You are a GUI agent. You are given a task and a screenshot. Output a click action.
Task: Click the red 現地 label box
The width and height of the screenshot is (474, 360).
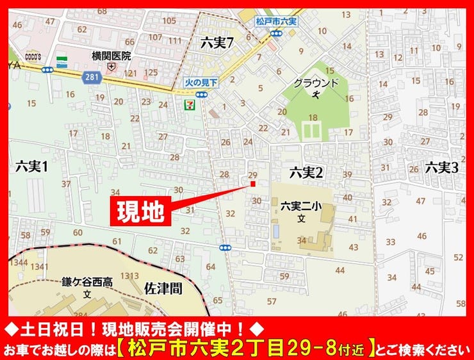click(x=142, y=209)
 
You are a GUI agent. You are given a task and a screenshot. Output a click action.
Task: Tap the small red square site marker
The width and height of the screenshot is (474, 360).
click(x=253, y=184)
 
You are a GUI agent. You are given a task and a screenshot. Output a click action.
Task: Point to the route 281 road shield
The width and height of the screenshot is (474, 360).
click(x=90, y=76)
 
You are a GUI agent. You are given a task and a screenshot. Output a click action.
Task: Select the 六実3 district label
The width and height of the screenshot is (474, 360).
click(x=441, y=168)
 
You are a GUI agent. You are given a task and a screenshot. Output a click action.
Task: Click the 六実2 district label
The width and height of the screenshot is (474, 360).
click(x=306, y=171)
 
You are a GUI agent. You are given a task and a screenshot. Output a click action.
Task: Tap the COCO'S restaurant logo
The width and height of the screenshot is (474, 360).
click(x=33, y=56)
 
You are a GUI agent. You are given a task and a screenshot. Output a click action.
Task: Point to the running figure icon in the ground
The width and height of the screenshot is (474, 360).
click(x=315, y=94)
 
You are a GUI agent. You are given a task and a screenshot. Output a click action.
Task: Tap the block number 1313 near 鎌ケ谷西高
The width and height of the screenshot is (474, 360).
click(x=129, y=275)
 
